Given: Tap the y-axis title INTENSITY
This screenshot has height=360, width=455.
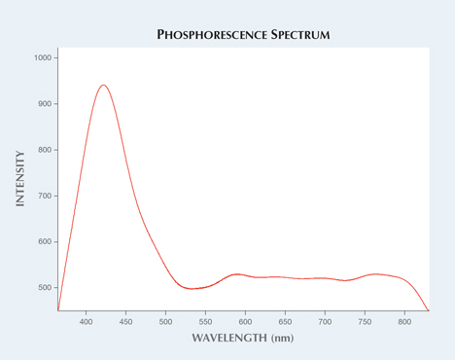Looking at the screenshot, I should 19,178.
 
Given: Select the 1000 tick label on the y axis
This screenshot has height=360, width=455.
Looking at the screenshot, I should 43,58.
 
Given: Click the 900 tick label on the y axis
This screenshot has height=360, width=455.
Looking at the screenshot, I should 45,104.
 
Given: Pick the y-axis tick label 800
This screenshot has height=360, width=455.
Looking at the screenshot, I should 45,150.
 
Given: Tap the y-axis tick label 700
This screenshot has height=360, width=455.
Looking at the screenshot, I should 45,196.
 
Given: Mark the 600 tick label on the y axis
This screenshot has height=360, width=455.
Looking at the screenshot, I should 45,241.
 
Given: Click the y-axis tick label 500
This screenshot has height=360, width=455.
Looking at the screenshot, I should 45,288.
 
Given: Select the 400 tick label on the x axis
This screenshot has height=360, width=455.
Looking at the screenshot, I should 86,321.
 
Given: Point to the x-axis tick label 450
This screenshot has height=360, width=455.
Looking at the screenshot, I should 125,321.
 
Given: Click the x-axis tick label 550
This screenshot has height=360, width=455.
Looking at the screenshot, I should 205,321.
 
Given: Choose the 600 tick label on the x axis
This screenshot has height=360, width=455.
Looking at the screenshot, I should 245,321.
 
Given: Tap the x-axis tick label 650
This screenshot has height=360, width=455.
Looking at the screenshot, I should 285,321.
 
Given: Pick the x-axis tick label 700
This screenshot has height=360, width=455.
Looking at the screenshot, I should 325,321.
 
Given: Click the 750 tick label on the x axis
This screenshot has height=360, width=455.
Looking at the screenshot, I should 365,321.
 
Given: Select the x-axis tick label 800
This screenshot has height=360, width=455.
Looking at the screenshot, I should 404,321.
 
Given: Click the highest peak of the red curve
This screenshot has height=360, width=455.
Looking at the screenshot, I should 103,85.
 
